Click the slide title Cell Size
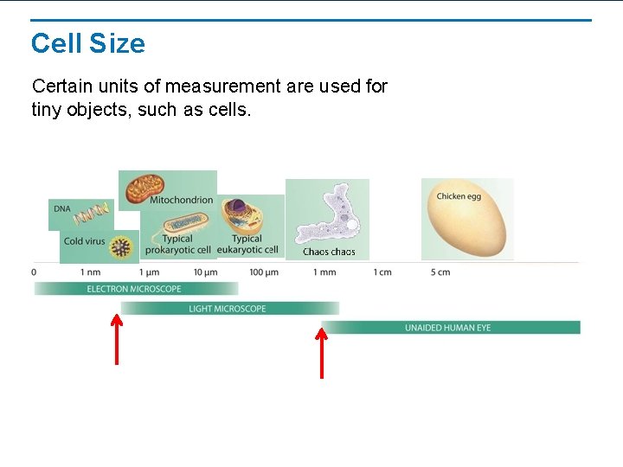(x=87, y=43)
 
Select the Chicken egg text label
(x=458, y=196)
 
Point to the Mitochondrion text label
(x=181, y=201)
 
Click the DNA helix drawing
(x=92, y=212)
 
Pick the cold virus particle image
(x=122, y=248)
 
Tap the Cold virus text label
(x=85, y=241)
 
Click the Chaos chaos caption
(x=329, y=252)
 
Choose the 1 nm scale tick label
(x=90, y=272)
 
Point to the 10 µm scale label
(x=205, y=272)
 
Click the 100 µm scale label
(x=263, y=272)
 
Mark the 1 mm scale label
(x=324, y=272)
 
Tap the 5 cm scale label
(x=440, y=272)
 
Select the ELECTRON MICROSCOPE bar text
(x=134, y=289)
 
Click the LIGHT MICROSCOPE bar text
(x=228, y=309)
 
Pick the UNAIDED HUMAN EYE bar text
(x=447, y=328)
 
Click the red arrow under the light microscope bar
(x=117, y=338)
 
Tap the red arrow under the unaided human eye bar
(x=322, y=350)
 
